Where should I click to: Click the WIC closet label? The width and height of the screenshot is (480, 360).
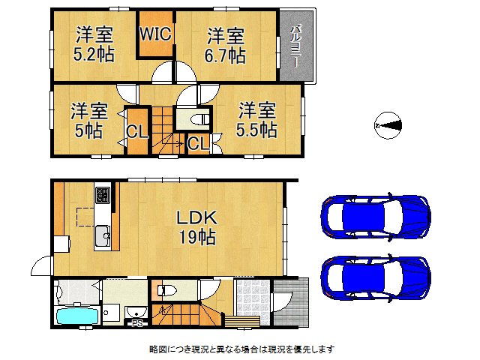click(x=155, y=34)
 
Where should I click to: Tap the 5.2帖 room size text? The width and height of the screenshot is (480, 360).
click(x=94, y=55)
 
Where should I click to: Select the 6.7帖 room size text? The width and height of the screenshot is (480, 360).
click(x=226, y=55)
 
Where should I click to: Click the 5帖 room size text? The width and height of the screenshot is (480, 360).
click(x=88, y=131)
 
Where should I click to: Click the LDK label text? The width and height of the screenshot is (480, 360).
click(x=196, y=218)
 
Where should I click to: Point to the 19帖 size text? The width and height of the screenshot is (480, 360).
click(x=196, y=238)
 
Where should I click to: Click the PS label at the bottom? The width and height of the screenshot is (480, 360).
click(x=137, y=324)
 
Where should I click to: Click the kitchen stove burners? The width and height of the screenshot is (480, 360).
click(x=103, y=196)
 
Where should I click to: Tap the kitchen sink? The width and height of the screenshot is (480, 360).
click(x=103, y=238)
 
